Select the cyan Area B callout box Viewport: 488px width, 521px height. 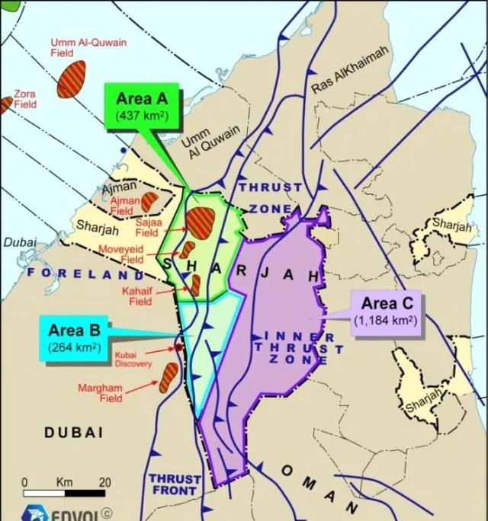[75, 338]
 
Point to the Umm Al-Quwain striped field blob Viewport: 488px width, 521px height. [71, 78]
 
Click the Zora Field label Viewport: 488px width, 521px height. [24, 99]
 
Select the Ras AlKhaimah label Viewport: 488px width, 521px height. [350, 70]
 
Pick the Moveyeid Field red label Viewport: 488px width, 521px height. [121, 254]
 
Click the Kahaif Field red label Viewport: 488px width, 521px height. [136, 296]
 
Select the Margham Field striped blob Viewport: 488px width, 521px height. [169, 376]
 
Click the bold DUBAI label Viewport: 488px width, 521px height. [73, 432]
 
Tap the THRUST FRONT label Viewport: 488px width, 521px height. [175, 484]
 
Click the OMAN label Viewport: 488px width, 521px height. [319, 487]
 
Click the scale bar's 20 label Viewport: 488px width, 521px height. [104, 482]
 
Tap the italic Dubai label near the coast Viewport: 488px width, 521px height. [18, 241]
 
